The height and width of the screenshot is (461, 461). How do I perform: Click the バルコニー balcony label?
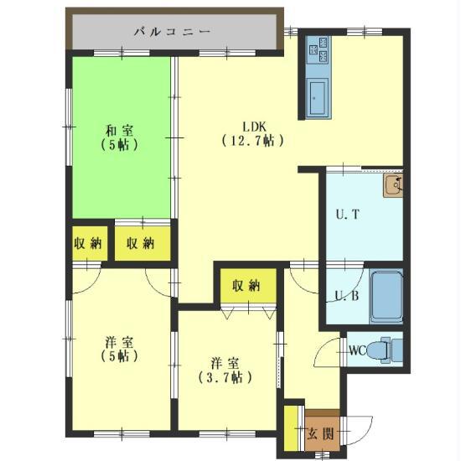coord(173,32)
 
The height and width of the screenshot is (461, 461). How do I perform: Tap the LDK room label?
coord(254,127)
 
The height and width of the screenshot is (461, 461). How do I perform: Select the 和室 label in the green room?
coord(119,131)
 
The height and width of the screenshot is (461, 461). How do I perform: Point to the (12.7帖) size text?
coord(253,141)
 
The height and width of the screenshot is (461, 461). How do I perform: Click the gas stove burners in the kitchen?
coord(319,50)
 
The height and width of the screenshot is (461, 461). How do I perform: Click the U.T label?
coord(348,215)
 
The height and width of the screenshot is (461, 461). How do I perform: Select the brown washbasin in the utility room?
coord(393,185)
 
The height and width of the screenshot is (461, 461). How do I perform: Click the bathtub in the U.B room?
coord(386,297)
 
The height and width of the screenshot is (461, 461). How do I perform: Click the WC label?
coord(358,350)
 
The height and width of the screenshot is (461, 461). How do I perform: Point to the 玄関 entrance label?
coord(320,433)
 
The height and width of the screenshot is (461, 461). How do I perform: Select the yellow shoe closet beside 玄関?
coord(291,427)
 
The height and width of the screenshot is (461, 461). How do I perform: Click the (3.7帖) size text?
coord(225,377)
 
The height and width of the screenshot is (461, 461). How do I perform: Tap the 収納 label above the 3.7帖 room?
coord(246,285)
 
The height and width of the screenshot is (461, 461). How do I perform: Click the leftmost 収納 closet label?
coord(88,243)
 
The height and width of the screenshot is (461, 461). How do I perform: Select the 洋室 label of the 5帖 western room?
coord(119,343)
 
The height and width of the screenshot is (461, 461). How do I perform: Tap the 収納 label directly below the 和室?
coord(140,243)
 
